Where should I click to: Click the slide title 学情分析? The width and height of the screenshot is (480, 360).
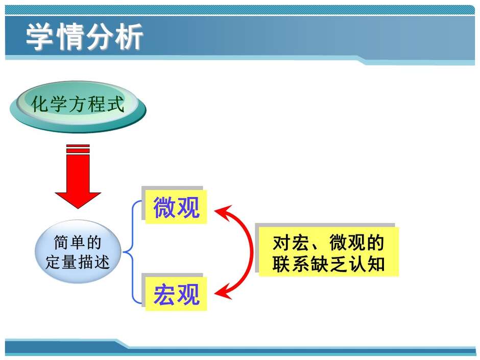84,37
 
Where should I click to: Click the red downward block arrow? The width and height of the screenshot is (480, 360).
78,177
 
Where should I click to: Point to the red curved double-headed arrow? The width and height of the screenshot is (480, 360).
242,252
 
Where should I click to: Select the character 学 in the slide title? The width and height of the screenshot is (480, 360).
39,37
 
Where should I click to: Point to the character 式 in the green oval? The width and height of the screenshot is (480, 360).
114,104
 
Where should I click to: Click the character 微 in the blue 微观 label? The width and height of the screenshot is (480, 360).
164,207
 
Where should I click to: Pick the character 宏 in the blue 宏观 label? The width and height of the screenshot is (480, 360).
164,294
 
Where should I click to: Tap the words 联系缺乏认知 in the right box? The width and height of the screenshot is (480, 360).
328,263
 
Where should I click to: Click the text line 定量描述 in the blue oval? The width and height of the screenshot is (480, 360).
78,262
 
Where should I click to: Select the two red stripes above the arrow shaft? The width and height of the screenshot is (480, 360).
78,149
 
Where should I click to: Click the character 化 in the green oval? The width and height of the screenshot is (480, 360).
40,104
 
